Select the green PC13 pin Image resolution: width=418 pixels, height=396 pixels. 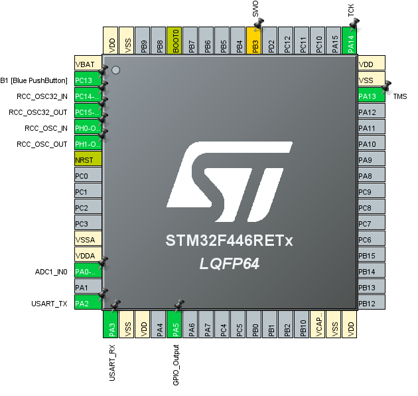pos(87,80)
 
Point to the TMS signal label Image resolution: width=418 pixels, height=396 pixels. pos(400,97)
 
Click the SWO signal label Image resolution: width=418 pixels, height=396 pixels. pos(255,9)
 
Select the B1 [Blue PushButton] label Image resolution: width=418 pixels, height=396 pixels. pos(34,80)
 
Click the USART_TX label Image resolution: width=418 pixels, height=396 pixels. pos(49,304)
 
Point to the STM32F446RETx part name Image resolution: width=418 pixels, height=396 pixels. pos(229,241)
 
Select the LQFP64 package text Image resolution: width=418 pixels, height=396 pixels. pos(229,264)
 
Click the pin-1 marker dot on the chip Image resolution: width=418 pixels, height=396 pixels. pos(116,70)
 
